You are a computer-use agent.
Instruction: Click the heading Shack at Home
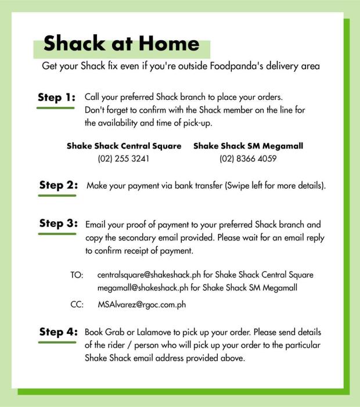click(121, 44)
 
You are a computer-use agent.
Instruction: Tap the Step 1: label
click(56, 98)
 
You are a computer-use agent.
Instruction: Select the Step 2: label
click(58, 186)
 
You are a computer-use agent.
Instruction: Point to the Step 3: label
click(58, 224)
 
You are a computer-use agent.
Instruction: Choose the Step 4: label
click(58, 332)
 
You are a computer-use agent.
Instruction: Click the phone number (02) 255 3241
click(124, 158)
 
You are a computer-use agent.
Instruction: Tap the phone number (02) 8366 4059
click(248, 158)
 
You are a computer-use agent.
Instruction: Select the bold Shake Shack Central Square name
click(124, 146)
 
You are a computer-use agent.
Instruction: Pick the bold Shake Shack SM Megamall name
click(248, 146)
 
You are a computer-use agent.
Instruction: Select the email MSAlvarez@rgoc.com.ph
click(142, 304)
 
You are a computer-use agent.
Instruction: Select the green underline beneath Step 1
click(55, 108)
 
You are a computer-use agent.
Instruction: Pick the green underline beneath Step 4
click(57, 343)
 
